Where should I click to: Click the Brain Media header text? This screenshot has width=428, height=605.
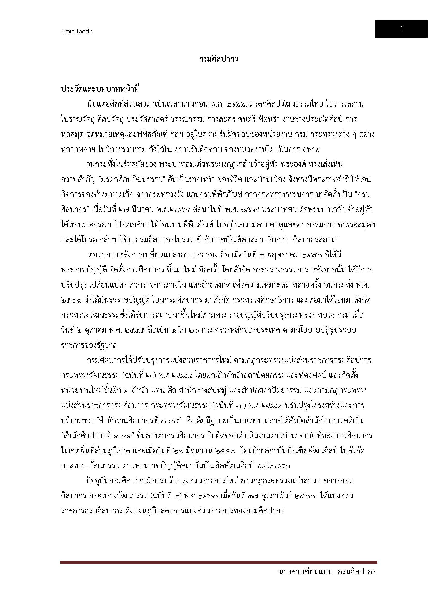(x=77, y=31)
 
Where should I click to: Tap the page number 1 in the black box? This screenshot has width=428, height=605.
(x=401, y=29)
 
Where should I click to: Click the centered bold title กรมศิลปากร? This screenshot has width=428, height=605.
(x=218, y=59)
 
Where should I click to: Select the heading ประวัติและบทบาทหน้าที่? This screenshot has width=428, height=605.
(x=100, y=89)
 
